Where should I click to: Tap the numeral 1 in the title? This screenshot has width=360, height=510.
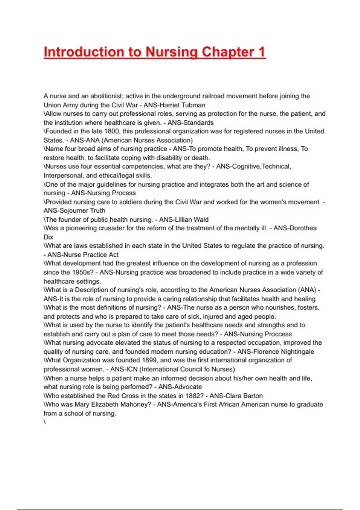coord(262,52)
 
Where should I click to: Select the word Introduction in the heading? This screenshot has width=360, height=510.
coord(84,52)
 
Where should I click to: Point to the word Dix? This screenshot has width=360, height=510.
coord(48,237)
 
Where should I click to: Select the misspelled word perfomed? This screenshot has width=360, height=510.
coord(123,387)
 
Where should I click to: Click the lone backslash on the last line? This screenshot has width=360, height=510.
coord(45,422)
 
